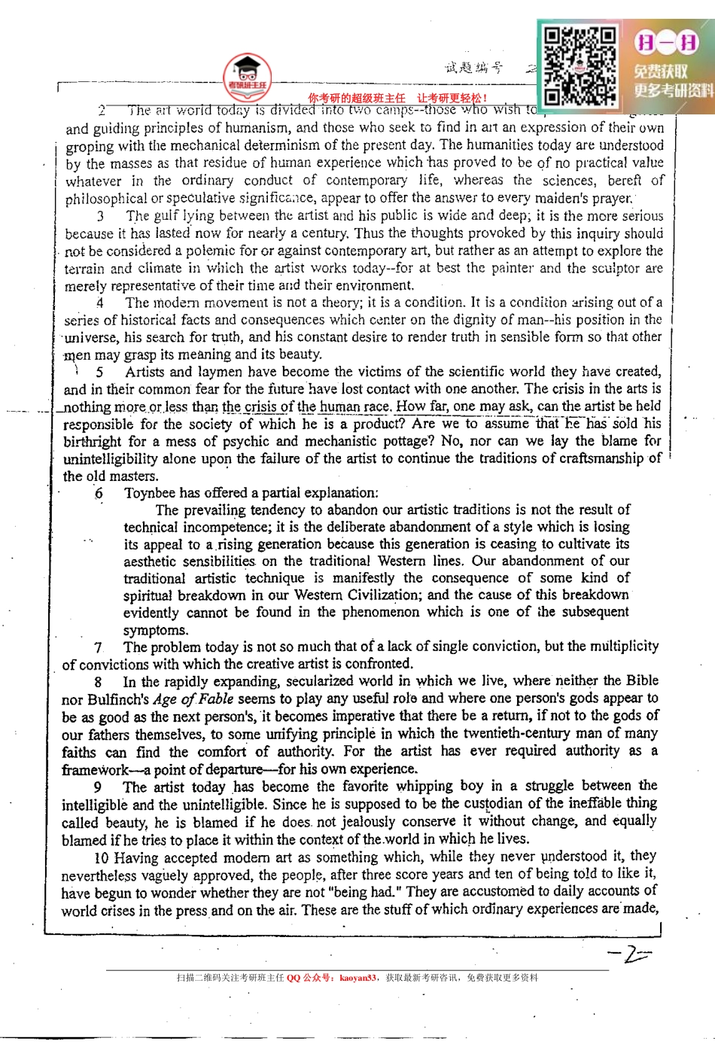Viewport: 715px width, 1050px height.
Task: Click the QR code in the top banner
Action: (x=580, y=65)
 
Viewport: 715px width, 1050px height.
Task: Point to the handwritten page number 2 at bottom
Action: (x=628, y=954)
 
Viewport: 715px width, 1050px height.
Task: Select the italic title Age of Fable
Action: (x=193, y=698)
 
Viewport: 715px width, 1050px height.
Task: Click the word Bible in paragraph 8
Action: (x=641, y=680)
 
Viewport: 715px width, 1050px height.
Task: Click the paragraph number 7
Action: (x=98, y=647)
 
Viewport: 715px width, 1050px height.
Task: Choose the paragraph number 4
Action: (x=100, y=303)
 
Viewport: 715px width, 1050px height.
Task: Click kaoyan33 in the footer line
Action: (x=357, y=978)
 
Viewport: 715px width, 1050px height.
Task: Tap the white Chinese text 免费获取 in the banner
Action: (x=660, y=72)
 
